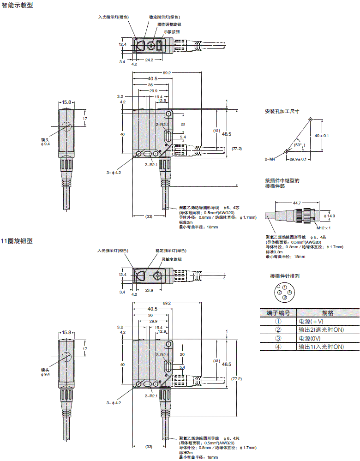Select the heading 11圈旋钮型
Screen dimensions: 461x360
click(x=18, y=241)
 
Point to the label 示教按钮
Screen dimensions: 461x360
click(x=171, y=31)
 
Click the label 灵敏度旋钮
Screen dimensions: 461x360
click(x=171, y=260)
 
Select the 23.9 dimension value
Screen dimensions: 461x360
click(x=149, y=290)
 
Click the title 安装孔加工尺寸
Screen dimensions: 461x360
click(x=282, y=111)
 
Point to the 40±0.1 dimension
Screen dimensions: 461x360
click(x=321, y=136)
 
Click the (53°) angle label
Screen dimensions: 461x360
click(x=299, y=144)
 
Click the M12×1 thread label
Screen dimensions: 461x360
click(x=324, y=228)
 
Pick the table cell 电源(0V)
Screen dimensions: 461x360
click(x=310, y=338)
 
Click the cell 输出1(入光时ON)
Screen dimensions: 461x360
click(x=321, y=347)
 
